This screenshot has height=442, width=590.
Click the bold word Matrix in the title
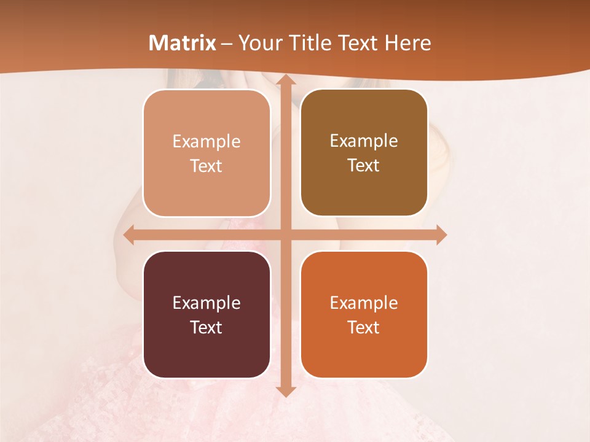tap(183, 43)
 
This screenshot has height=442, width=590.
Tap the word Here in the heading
tap(408, 43)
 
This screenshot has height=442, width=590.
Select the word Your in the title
tap(257, 43)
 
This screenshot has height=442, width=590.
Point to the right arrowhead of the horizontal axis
tap(441, 235)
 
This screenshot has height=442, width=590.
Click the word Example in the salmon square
tap(206, 141)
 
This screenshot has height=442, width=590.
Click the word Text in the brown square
tap(364, 166)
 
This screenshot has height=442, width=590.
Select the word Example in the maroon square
tap(206, 303)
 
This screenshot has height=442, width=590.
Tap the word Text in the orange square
tap(364, 327)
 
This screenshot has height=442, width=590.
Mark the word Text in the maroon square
tap(206, 327)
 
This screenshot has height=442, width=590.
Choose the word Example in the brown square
tap(364, 141)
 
